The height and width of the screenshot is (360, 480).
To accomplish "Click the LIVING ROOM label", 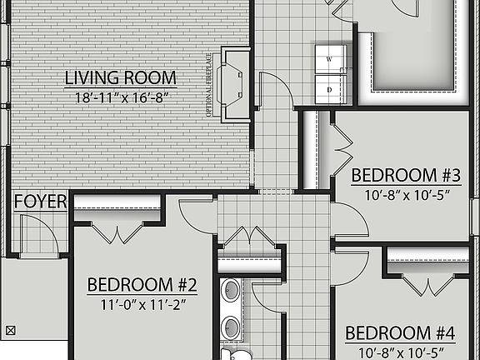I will (121, 78).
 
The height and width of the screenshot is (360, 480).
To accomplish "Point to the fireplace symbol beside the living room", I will (234, 84).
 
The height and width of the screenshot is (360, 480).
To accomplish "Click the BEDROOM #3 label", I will (405, 175).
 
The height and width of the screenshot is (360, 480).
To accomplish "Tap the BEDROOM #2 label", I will (142, 285).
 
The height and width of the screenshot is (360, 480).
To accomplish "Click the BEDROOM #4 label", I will (401, 334).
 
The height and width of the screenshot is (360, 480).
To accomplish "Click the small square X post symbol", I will (10, 328).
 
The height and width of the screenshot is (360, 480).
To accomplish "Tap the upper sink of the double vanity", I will (230, 291).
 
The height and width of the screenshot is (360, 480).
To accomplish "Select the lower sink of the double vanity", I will (230, 326).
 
